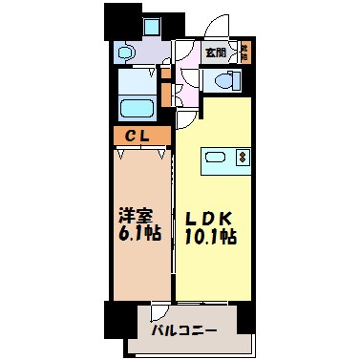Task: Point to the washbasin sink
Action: pyautogui.click(x=131, y=54)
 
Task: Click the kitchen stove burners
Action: pyautogui.click(x=243, y=157)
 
